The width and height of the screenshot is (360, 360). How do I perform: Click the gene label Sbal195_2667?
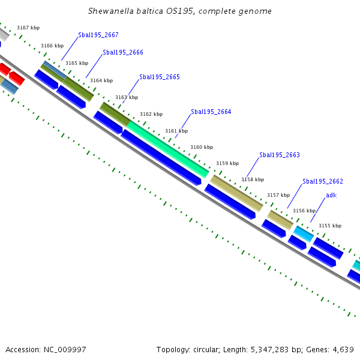pos(98,35)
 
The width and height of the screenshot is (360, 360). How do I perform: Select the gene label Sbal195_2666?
pos(122,52)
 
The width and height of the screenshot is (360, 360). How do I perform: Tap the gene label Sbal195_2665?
pos(159,77)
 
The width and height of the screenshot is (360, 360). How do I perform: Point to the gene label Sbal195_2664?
pos(211,112)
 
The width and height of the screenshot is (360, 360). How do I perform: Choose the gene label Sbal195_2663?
pos(279,155)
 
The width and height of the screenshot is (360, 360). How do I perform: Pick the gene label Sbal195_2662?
pos(322,181)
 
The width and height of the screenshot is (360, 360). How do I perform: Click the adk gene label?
pos(331,195)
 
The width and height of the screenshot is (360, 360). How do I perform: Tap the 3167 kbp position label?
pos(28,28)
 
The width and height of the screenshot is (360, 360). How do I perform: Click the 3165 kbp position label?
pos(77,63)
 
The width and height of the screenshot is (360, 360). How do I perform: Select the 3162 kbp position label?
pos(151,114)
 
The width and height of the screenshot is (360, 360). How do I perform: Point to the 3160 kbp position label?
pos(202,147)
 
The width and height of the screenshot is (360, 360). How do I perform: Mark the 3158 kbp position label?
pos(253,179)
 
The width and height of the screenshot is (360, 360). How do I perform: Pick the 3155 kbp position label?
pos(329,226)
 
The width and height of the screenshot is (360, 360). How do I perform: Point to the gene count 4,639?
pos(342,349)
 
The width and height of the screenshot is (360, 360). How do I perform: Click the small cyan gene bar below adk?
pos(304,234)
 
